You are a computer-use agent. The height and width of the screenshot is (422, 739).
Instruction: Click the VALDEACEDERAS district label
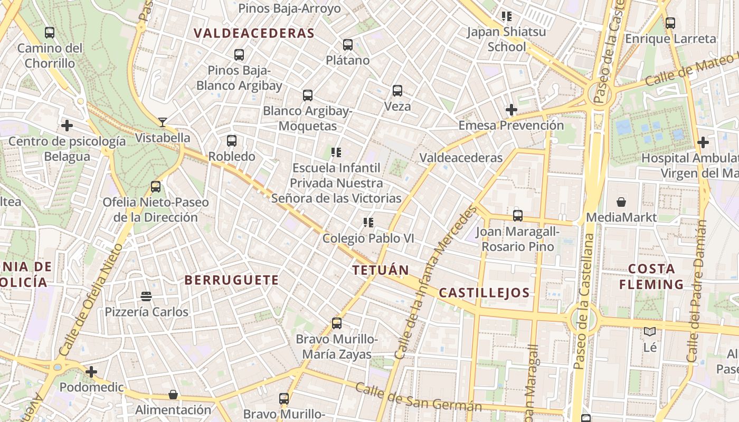[x=254, y=33]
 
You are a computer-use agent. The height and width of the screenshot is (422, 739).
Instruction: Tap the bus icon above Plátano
[x=348, y=45]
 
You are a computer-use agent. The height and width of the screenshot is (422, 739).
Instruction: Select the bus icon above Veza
[x=397, y=91]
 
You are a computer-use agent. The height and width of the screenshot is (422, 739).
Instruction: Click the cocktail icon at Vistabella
[x=163, y=122]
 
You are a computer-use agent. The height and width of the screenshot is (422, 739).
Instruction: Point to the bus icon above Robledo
[x=232, y=141]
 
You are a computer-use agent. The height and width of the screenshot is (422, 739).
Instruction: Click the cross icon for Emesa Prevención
[x=511, y=110]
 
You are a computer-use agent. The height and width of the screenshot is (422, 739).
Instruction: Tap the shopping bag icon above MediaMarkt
[x=622, y=202]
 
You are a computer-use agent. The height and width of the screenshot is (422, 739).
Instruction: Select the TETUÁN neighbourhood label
[x=381, y=271]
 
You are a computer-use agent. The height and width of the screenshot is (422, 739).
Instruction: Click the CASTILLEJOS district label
[x=484, y=293]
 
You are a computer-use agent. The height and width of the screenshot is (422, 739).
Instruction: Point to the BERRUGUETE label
[x=232, y=280]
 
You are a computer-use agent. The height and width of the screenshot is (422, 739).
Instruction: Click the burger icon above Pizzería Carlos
[x=146, y=296]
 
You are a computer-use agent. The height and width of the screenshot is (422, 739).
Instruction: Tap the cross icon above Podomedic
[x=91, y=372]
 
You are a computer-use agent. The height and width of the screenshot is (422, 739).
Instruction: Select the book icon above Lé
[x=650, y=332]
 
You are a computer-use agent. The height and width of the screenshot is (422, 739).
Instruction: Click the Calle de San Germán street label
[x=418, y=397]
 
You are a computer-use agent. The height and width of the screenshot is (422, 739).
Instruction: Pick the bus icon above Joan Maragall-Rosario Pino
[x=518, y=216]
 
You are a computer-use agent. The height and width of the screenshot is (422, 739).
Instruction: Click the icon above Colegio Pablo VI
[x=368, y=223]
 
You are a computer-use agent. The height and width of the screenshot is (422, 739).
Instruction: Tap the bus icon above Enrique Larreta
[x=670, y=23]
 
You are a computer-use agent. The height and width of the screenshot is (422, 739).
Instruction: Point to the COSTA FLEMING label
[x=651, y=276]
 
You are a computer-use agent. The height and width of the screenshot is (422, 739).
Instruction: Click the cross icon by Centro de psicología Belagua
[x=67, y=126]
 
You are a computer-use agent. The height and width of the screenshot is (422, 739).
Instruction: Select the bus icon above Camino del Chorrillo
[x=50, y=33]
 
